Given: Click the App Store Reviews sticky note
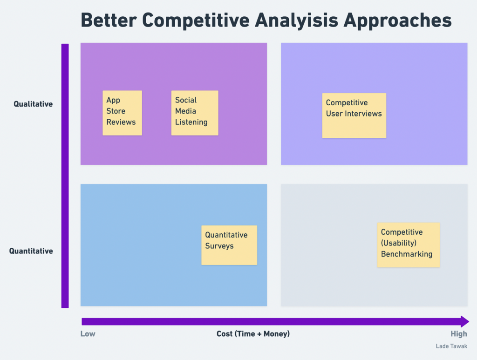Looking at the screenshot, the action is tap(123, 113).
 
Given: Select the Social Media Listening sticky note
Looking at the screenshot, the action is tap(195, 113).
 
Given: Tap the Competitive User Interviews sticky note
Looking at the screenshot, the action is tap(354, 115).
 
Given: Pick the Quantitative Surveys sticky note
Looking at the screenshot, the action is tap(229, 245).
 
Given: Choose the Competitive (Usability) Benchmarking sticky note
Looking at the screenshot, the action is tap(408, 245).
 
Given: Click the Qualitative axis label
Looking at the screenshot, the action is tap(33, 104).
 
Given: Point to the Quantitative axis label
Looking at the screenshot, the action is tap(31, 251).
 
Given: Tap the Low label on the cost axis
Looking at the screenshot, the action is tap(88, 334).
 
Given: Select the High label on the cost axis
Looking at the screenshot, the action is tap(459, 334).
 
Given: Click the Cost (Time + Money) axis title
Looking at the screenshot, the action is tap(253, 334).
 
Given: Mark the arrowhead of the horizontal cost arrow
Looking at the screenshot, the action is tap(465, 322).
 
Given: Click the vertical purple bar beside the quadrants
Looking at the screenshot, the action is tap(65, 176).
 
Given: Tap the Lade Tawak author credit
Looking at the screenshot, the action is tap(451, 346).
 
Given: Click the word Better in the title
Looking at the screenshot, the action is tap(109, 20).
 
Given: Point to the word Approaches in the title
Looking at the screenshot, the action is tap(398, 21).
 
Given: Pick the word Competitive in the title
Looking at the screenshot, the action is tap(196, 21).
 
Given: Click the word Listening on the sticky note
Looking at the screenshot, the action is tap(191, 122).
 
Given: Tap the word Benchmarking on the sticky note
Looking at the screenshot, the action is tap(407, 254).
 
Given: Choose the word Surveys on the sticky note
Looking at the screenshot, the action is tap(219, 246).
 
